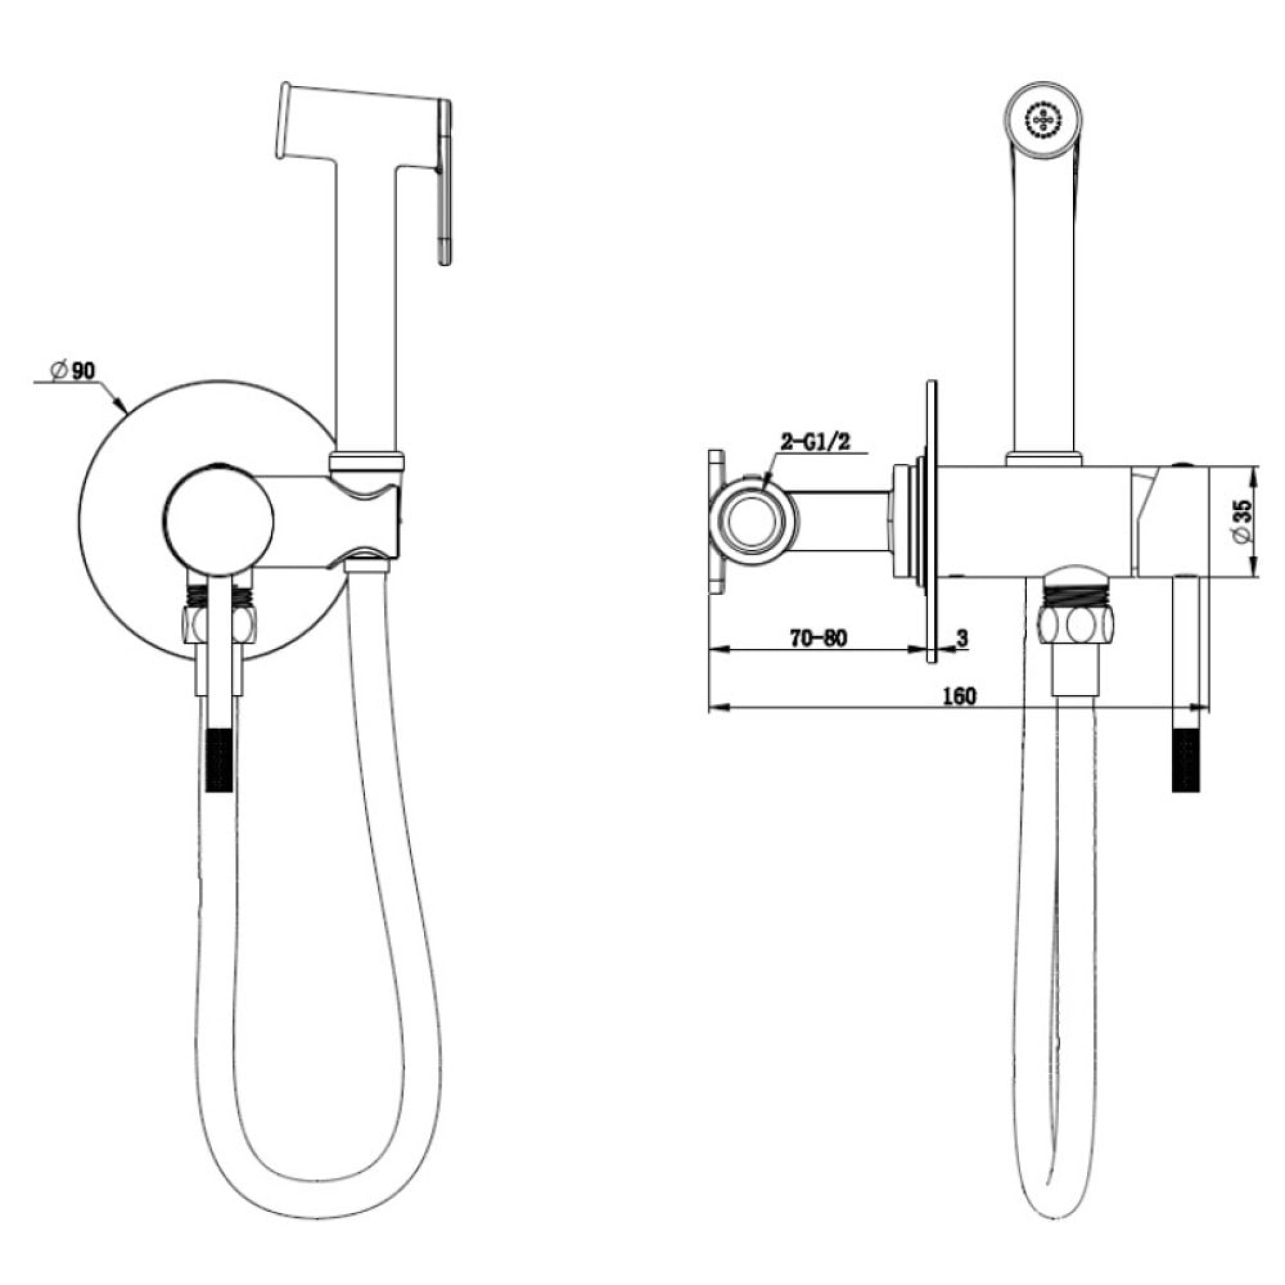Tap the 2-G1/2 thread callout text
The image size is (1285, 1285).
click(815, 442)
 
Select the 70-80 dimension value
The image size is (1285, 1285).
click(819, 639)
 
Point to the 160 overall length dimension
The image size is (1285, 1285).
click(960, 696)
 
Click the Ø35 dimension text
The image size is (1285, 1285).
click(1241, 522)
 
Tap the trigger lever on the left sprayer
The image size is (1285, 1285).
click(445, 183)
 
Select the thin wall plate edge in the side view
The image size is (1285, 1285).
click(932, 522)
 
